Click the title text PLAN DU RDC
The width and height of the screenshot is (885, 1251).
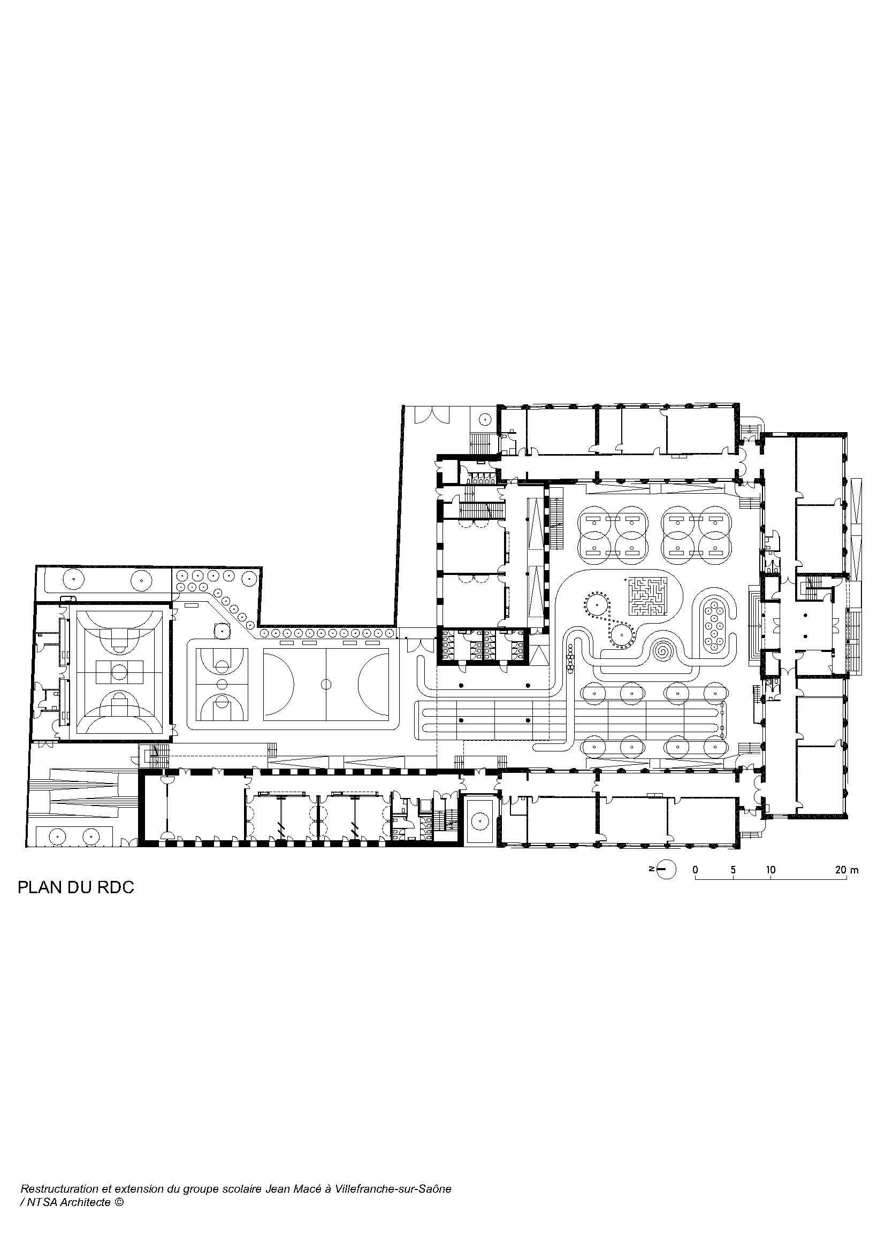point(76,888)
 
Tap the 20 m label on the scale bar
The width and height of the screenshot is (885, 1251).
point(846,870)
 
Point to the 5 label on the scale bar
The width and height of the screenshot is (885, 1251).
point(733,870)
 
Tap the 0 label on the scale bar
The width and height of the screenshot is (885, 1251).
point(696,870)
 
